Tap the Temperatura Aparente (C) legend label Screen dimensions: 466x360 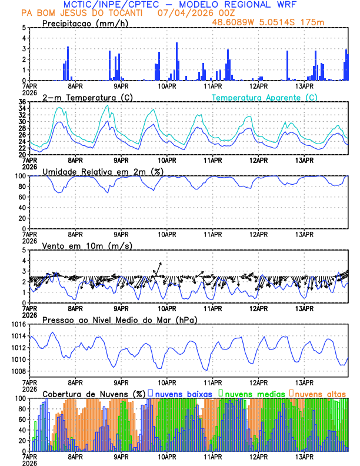point(264,97)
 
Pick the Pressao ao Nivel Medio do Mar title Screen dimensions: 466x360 point(119,319)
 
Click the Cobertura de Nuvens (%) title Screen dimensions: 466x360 point(94,393)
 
